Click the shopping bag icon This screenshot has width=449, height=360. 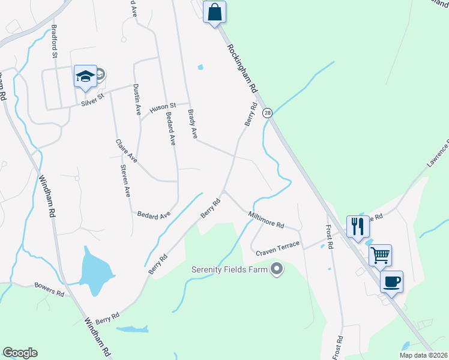click(x=214, y=11)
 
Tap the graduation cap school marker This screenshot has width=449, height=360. click(x=85, y=77)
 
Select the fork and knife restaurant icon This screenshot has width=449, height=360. click(x=357, y=226)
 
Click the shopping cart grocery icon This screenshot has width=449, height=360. click(x=380, y=255)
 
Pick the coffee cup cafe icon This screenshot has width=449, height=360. click(x=391, y=281)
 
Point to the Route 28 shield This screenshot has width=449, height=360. click(x=268, y=113)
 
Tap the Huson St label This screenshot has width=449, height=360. click(x=163, y=107)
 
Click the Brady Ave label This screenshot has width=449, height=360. click(x=193, y=124)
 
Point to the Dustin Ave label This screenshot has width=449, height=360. click(x=137, y=99)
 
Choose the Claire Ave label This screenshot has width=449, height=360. click(x=126, y=151)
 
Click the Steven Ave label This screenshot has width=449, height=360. click(x=125, y=181)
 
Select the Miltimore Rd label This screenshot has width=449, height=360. click(x=266, y=220)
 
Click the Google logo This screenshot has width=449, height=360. click(x=20, y=353)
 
